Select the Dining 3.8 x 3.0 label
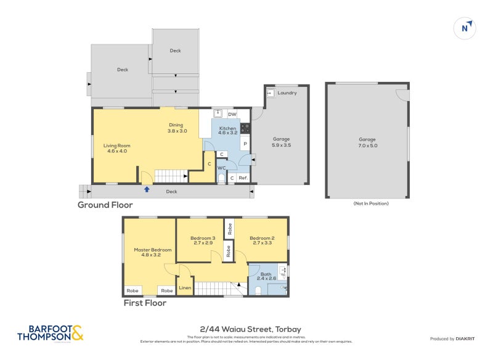click(176, 128)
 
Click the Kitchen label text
click(227, 129)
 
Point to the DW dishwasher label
click(232, 115)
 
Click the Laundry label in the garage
click(287, 93)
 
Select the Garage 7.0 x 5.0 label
click(367, 143)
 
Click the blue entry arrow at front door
click(147, 189)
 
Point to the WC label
click(221, 167)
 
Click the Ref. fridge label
click(243, 179)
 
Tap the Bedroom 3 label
click(203, 241)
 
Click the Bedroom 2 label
click(262, 241)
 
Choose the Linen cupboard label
click(184, 288)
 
